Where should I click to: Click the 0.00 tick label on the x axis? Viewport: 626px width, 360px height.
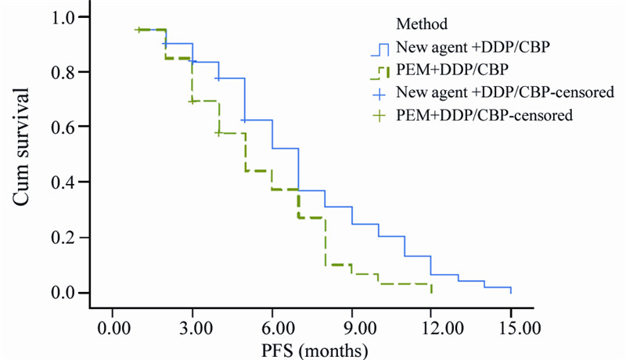pos(112,323)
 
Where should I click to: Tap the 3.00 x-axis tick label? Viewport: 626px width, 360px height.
pos(192,323)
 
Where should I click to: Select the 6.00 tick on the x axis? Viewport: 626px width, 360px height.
pos(272,323)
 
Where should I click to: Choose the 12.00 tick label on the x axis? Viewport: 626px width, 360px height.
pos(431,323)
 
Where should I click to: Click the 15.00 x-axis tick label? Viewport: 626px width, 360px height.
pos(511,323)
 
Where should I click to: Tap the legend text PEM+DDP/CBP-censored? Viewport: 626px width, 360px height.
pos(485,116)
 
